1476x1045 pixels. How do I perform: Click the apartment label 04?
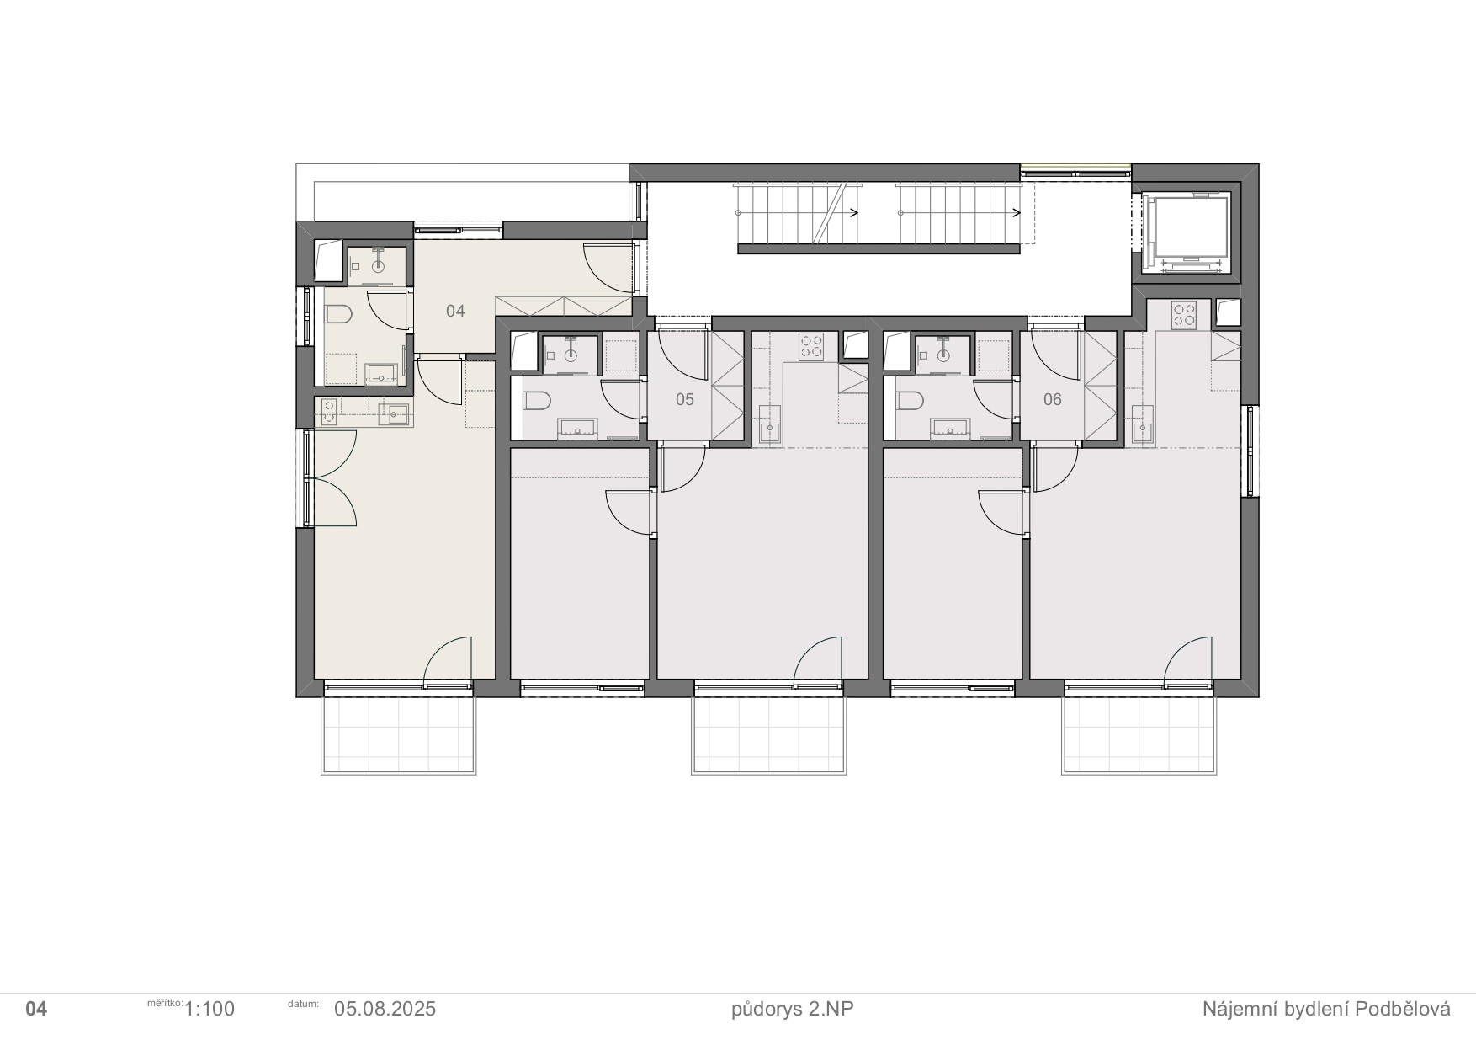pos(455,312)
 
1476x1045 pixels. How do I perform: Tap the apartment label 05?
pos(685,399)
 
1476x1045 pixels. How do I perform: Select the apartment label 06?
pos(1053,399)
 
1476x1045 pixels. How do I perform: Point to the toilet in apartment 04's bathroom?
pos(337,315)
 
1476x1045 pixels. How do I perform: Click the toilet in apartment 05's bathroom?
pos(536,400)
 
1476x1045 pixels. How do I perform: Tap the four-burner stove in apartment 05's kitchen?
pos(811,346)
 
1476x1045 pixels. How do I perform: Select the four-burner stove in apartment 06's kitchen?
pos(1184,315)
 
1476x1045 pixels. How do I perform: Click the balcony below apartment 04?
pos(399,733)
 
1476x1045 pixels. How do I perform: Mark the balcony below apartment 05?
pos(769,733)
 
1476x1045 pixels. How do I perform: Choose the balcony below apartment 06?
pos(1139,733)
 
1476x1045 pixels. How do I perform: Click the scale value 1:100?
pos(209,1009)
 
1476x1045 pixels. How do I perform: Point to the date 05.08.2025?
pos(385,1009)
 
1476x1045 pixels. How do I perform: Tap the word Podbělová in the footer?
pos(1403,1009)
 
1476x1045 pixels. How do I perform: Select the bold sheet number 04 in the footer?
pos(36,1009)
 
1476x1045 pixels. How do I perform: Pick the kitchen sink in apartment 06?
pos(1143,432)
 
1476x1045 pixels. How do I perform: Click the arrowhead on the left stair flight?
pos(854,213)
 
